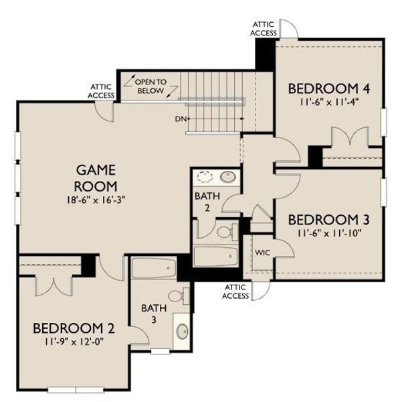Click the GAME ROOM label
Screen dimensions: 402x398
pos(96,178)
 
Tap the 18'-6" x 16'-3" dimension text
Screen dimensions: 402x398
pos(96,199)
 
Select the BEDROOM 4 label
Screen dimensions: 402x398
pos(329,89)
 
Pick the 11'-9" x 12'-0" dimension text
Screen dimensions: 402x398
pos(74,341)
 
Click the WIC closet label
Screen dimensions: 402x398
pos(262,253)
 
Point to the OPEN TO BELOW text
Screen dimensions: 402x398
pos(152,85)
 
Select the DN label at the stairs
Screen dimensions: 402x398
pos(180,119)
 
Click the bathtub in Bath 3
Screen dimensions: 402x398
pos(153,269)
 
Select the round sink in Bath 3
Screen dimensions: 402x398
pos(182,332)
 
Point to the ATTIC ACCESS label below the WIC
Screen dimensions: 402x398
pos(235,291)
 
